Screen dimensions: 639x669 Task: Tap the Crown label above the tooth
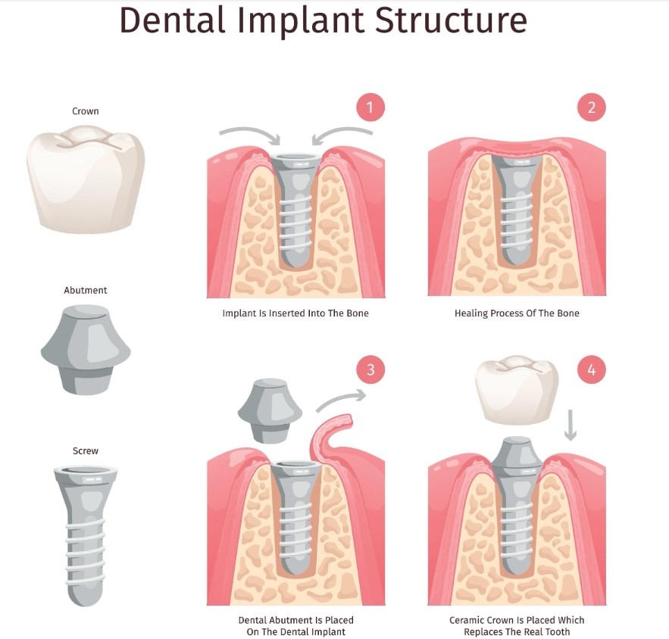[86, 111]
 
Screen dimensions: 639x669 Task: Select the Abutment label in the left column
[86, 290]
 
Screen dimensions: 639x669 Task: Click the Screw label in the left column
[86, 450]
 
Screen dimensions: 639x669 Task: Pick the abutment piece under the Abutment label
[86, 348]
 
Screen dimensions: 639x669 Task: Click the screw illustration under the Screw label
[86, 534]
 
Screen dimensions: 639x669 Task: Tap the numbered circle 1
[370, 107]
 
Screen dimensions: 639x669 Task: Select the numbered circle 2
[592, 107]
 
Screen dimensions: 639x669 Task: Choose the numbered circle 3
[370, 369]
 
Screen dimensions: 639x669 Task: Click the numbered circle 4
[592, 369]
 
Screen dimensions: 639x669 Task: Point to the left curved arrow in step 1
[250, 135]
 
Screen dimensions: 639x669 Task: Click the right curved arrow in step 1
[343, 135]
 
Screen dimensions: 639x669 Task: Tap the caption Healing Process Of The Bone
[516, 313]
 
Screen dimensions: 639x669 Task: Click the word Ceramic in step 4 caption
[467, 620]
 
